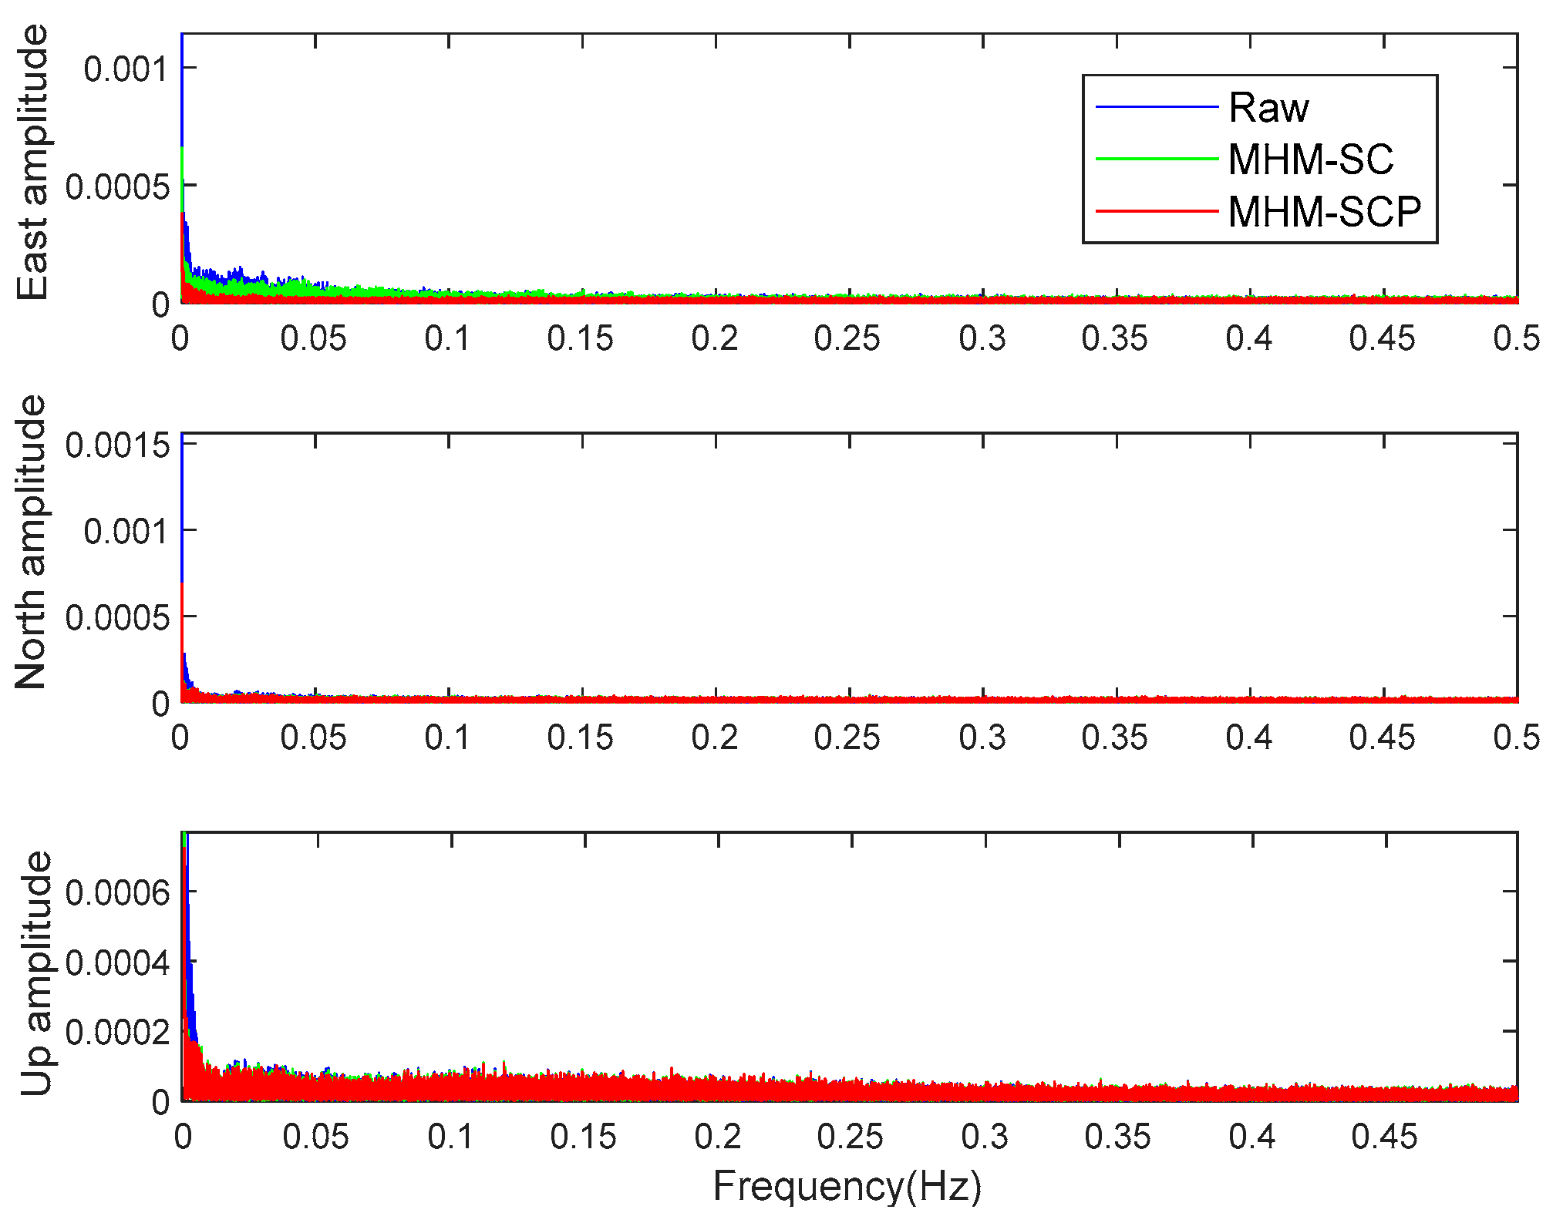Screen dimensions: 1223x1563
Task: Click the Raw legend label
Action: pos(1268,107)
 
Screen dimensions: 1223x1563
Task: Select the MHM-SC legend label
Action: pos(1310,159)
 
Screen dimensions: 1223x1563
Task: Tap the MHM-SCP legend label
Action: pos(1324,211)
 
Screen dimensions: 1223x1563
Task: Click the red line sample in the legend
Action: pos(1157,210)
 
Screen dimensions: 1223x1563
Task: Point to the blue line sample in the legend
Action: pos(1157,106)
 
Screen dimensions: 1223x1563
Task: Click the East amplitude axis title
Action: pos(33,163)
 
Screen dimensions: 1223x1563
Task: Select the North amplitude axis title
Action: pos(32,542)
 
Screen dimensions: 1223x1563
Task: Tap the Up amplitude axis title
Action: pos(35,973)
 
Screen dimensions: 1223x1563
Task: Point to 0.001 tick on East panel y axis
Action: pos(125,69)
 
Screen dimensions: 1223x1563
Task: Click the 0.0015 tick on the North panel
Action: pos(117,445)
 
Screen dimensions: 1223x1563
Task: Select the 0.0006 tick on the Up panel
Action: pos(117,892)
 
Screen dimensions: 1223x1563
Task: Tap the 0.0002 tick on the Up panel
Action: pos(117,1031)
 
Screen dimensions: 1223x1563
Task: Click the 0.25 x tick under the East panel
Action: pos(847,338)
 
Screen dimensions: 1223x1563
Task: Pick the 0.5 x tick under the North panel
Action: pos(1516,737)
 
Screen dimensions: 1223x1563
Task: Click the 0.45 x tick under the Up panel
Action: pos(1384,1137)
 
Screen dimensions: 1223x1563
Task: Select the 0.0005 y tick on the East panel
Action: pos(117,186)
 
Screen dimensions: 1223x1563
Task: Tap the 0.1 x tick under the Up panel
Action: pos(450,1137)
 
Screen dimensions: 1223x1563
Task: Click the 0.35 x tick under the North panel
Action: pos(1114,737)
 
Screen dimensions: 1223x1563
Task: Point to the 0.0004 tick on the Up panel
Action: pos(117,963)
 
